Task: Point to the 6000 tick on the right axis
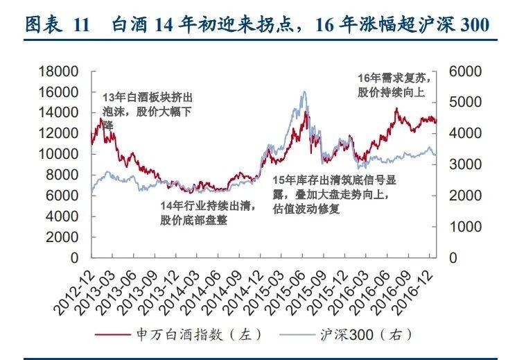pyautogui.click(x=464, y=71)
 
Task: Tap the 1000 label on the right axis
pyautogui.click(x=464, y=227)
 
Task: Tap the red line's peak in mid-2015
pyautogui.click(x=306, y=112)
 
